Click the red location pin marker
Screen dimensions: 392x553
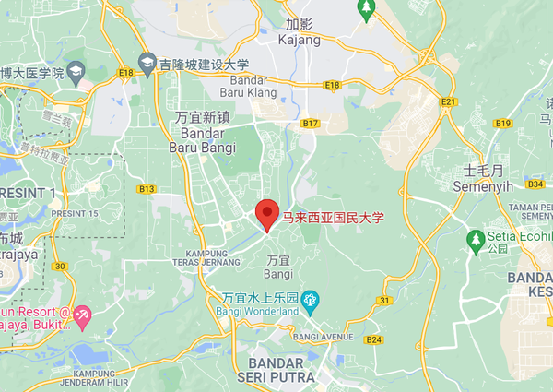point(266,213)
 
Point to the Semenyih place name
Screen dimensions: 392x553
point(482,179)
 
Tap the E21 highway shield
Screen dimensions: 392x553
point(449,101)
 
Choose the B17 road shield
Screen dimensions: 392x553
point(310,123)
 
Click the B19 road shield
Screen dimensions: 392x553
point(502,123)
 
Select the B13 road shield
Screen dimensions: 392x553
point(146,188)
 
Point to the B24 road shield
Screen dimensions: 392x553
point(373,340)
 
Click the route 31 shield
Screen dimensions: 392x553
point(383,301)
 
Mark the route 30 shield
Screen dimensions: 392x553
point(60,267)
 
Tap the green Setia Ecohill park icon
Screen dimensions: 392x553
point(476,239)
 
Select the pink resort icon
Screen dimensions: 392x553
point(82,316)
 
